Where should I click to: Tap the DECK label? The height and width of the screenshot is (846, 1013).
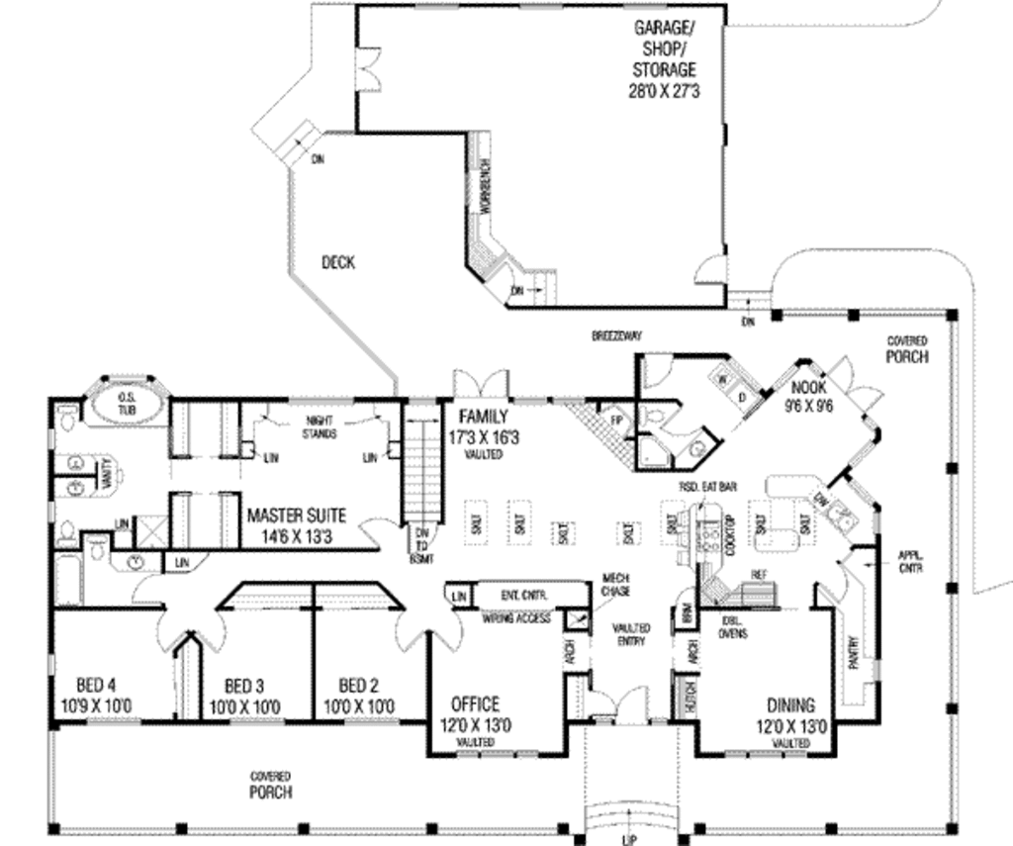(x=338, y=262)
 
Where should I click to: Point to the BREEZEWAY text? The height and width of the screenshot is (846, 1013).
(x=616, y=337)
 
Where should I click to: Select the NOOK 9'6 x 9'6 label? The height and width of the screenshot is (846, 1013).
(x=809, y=396)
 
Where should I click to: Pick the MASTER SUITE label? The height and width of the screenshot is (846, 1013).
(x=296, y=523)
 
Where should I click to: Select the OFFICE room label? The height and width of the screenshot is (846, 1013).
(x=475, y=713)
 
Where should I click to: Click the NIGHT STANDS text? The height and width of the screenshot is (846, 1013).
(x=317, y=427)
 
